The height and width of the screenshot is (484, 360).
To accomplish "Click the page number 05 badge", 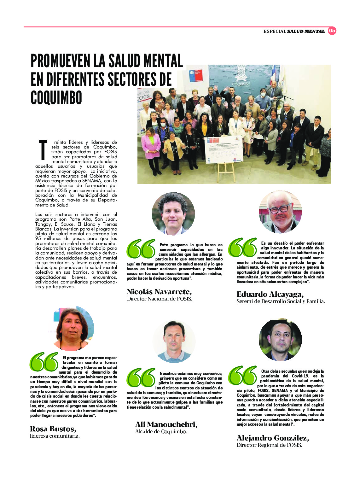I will [332, 31].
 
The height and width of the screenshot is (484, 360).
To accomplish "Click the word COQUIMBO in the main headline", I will [56, 98].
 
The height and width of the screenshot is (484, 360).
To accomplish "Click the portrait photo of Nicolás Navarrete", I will [173, 213].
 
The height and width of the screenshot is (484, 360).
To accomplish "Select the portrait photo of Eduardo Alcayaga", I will [280, 212].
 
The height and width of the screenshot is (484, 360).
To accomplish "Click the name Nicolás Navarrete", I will [159, 292].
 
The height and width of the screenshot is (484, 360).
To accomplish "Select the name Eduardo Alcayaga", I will [270, 294].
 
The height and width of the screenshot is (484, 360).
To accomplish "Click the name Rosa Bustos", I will [53, 429].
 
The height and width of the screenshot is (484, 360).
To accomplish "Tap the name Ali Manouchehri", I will [166, 424].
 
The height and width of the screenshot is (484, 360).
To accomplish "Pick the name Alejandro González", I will [273, 438].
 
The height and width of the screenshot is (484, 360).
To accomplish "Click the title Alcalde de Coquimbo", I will [161, 431].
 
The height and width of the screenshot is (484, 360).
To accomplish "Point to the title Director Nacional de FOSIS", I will [160, 299].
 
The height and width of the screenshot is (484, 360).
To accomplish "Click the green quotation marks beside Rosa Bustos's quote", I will [44, 362].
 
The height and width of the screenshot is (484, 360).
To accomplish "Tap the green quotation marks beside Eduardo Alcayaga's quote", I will [242, 247].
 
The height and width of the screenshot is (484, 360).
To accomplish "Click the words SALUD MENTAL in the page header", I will [306, 31].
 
